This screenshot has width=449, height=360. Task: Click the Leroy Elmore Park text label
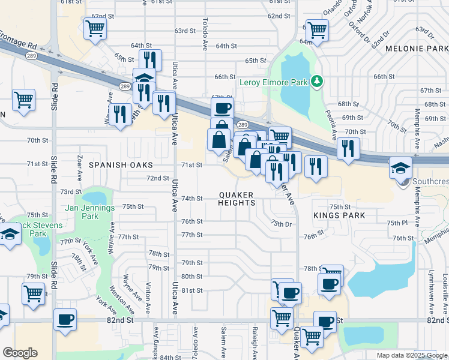tap(274, 82)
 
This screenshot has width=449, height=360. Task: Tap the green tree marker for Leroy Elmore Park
tap(316, 81)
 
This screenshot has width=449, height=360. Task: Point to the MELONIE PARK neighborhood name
tap(417, 48)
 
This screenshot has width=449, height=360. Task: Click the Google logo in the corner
tap(20, 353)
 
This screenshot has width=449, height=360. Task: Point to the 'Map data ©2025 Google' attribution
tap(411, 355)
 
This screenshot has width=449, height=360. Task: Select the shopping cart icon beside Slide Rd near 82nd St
tap(34, 293)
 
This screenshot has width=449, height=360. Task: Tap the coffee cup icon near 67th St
tap(222, 108)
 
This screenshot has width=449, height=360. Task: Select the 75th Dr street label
tap(280, 223)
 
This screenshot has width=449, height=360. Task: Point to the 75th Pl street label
tap(397, 223)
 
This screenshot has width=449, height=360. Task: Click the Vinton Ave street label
tap(148, 294)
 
